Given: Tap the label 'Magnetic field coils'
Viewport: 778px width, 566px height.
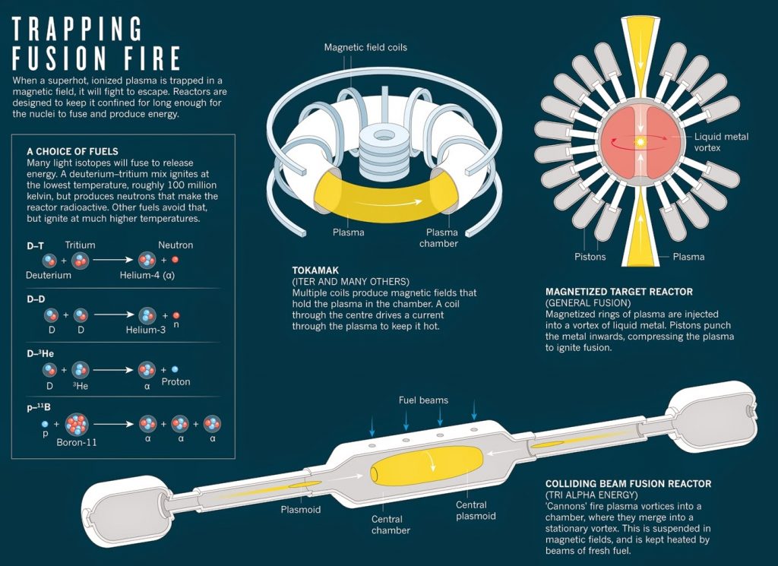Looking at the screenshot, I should click(x=365, y=47).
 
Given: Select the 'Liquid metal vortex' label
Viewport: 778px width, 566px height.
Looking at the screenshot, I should click(x=722, y=142).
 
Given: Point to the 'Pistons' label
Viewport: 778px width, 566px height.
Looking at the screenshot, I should click(x=590, y=257).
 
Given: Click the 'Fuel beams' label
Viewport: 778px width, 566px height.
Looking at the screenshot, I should click(x=423, y=400).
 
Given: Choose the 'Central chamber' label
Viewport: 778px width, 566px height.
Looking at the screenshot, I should click(x=391, y=524).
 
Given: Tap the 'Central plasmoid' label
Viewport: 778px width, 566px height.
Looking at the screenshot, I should click(x=476, y=511).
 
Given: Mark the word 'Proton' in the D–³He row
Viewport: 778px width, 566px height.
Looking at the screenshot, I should click(x=176, y=381).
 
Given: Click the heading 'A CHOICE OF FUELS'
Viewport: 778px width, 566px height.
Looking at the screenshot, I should click(x=72, y=152).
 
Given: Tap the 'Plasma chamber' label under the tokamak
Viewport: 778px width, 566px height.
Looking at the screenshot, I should click(x=441, y=238).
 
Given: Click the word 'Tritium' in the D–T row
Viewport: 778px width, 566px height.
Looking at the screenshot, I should click(x=80, y=245).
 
